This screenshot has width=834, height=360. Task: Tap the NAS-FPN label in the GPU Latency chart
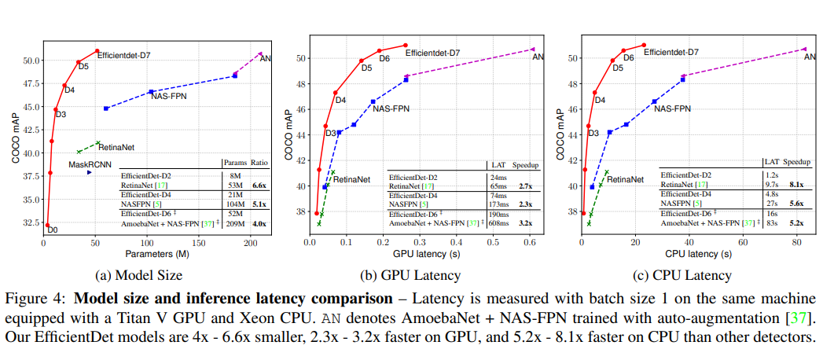[x=391, y=108]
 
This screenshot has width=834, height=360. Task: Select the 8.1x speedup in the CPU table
[x=795, y=184]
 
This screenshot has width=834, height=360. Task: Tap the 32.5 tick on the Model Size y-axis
[x=28, y=222]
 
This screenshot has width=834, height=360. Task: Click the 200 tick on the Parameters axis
[x=250, y=243]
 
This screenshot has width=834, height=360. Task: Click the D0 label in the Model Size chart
[x=52, y=230]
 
